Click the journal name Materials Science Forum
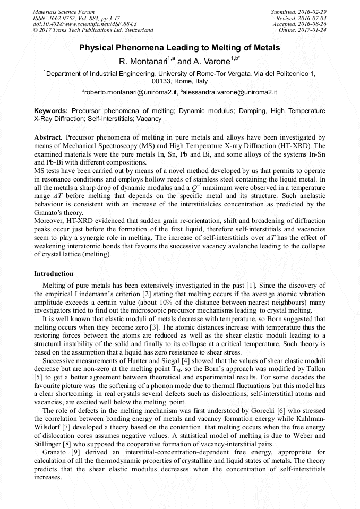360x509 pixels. [x=64, y=12]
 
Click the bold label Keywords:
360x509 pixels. [x=51, y=111]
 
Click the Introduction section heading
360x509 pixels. [x=54, y=274]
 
